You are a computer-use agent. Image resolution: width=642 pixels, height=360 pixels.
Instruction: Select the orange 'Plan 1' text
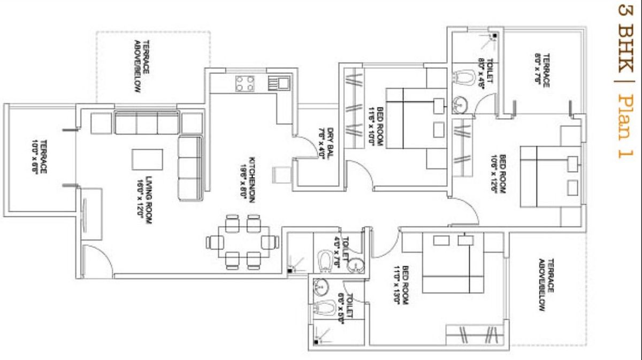(x=624, y=126)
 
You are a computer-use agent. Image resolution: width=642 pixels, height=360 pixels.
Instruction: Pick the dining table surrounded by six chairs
(x=243, y=242)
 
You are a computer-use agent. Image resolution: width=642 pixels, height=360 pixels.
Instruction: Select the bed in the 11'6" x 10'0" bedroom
(x=416, y=118)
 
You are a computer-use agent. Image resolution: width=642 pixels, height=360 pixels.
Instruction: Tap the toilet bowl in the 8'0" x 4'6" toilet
(x=464, y=79)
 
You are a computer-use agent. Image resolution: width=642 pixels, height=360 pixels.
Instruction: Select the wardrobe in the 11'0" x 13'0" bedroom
(x=473, y=334)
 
